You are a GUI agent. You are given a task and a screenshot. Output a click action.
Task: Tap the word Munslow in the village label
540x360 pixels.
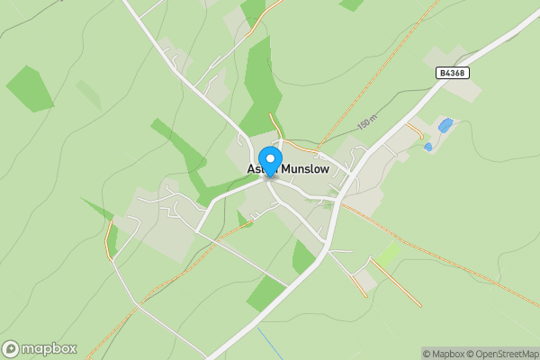(306, 168)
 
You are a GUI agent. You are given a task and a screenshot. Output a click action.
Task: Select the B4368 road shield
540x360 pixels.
(454, 72)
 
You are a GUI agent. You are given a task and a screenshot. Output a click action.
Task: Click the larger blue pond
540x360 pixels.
(445, 125)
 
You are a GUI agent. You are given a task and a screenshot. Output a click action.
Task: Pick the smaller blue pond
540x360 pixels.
(427, 147)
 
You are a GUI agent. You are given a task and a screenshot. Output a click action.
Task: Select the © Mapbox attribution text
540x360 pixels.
(443, 354)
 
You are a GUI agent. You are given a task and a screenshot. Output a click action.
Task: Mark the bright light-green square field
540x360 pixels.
(387, 256)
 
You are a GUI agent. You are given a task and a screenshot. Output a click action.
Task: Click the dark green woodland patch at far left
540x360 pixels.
(30, 89)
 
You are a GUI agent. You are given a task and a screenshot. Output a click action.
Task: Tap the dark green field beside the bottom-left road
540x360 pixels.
(266, 292)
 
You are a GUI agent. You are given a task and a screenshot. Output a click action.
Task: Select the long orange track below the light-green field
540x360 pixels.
(396, 284)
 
